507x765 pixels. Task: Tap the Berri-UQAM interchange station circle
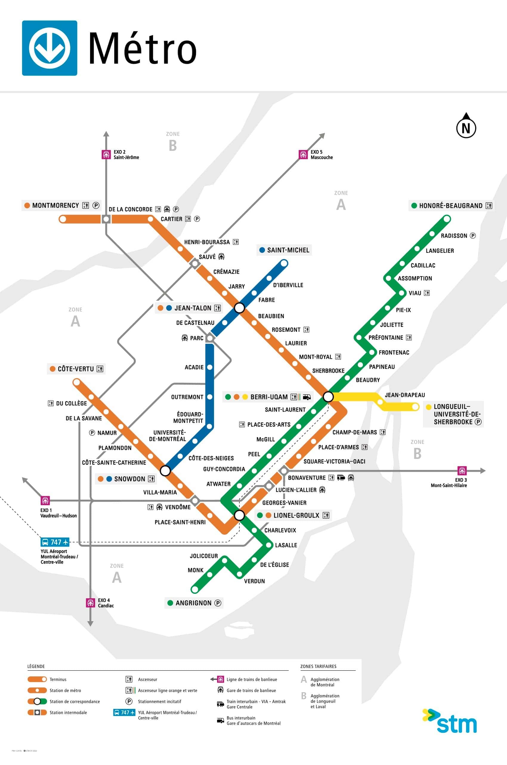pyautogui.click(x=328, y=396)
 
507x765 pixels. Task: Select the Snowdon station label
pyautogui.click(x=129, y=479)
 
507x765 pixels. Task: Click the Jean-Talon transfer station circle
pyautogui.click(x=239, y=308)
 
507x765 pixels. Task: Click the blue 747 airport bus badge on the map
pyautogui.click(x=55, y=542)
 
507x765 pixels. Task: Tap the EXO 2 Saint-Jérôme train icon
pyautogui.click(x=106, y=155)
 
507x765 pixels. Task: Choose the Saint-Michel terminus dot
pyautogui.click(x=284, y=263)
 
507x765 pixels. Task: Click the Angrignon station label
pyautogui.click(x=193, y=603)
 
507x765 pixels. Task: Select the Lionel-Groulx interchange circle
pyautogui.click(x=239, y=515)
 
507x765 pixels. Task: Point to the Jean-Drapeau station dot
pyautogui.click(x=380, y=402)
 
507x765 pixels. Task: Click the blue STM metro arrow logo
pyautogui.click(x=50, y=48)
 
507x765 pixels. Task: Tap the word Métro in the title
pyautogui.click(x=142, y=49)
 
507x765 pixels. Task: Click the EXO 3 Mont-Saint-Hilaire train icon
pyautogui.click(x=462, y=471)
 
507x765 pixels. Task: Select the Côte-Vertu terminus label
pyautogui.click(x=76, y=369)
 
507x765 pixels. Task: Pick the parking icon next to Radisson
pyautogui.click(x=473, y=235)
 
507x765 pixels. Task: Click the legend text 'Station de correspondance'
pyautogui.click(x=75, y=702)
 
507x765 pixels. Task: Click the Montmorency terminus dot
pyautogui.click(x=63, y=219)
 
